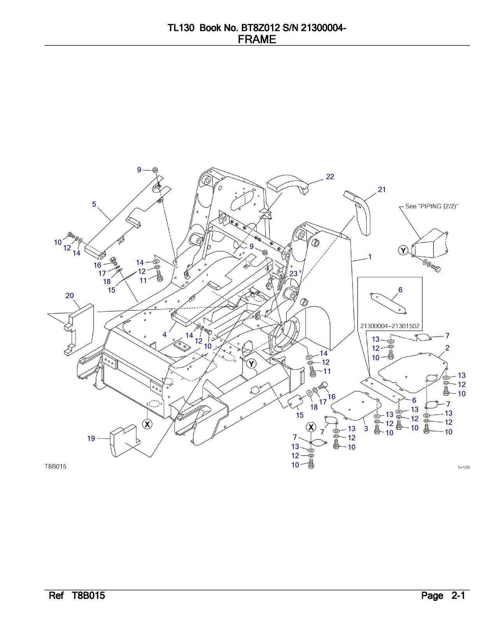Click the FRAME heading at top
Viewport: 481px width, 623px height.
[257, 39]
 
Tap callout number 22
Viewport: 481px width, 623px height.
[330, 177]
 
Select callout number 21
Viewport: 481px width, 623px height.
[382, 190]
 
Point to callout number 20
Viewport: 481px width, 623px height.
[70, 296]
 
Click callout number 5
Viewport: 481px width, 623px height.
[94, 204]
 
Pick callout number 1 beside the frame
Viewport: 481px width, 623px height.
[370, 257]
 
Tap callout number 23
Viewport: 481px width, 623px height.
[293, 274]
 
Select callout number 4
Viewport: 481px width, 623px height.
[165, 334]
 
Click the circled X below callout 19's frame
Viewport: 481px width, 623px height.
[147, 424]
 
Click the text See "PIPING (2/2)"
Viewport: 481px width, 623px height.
[431, 206]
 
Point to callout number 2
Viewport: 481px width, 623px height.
[447, 347]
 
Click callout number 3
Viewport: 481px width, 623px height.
[366, 429]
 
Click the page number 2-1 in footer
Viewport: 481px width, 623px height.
[458, 596]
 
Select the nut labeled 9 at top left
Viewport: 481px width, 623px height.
[154, 170]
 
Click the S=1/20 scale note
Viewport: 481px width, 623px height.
[463, 468]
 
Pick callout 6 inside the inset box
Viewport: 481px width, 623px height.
[400, 290]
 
